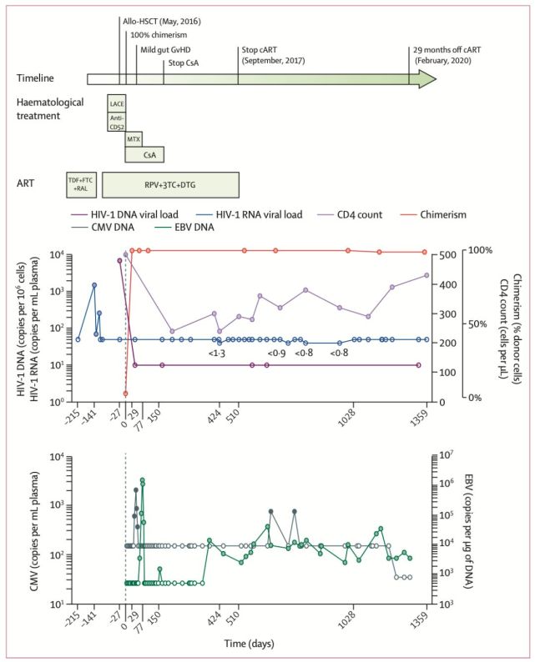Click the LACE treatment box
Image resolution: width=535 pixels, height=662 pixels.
[117, 104]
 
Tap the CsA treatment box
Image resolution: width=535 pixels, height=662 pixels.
[149, 155]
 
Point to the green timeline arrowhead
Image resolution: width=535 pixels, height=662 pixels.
[426, 78]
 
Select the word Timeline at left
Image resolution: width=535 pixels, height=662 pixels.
[36, 78]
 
